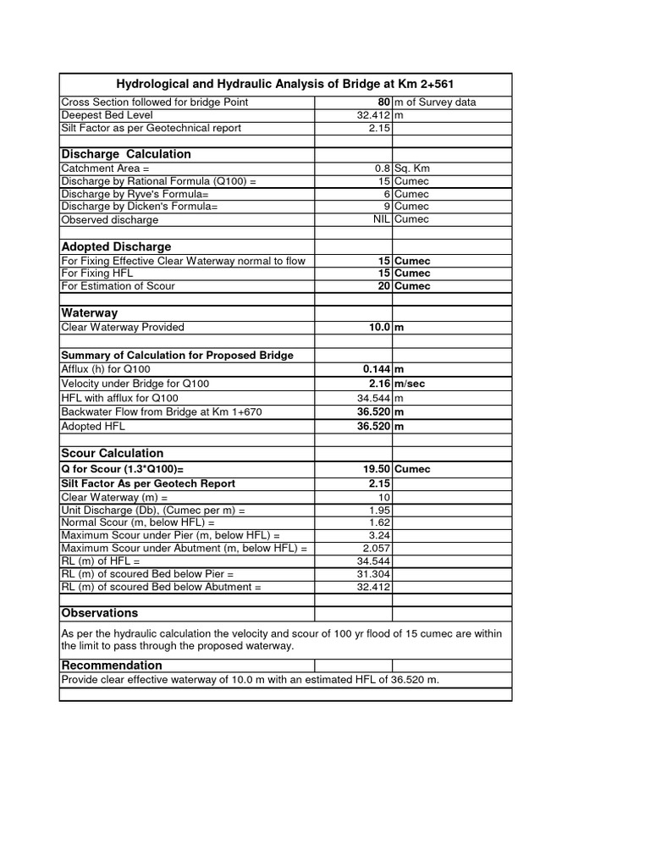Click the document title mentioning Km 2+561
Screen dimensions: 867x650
(x=285, y=84)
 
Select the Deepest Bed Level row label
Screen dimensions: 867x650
(x=107, y=115)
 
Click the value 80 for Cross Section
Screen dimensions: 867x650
(x=383, y=102)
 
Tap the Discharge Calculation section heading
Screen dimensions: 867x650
(x=126, y=154)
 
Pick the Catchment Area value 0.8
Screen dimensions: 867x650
(x=382, y=168)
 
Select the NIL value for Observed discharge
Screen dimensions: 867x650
(x=380, y=219)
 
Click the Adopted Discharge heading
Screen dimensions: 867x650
(x=116, y=246)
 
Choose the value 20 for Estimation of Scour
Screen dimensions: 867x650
(x=383, y=286)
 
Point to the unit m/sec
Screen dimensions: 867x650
(x=413, y=384)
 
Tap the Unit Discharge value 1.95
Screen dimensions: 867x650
(x=379, y=511)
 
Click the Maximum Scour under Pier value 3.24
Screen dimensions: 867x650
(x=379, y=536)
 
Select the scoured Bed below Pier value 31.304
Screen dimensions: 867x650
(x=373, y=574)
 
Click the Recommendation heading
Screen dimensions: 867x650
(x=111, y=665)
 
